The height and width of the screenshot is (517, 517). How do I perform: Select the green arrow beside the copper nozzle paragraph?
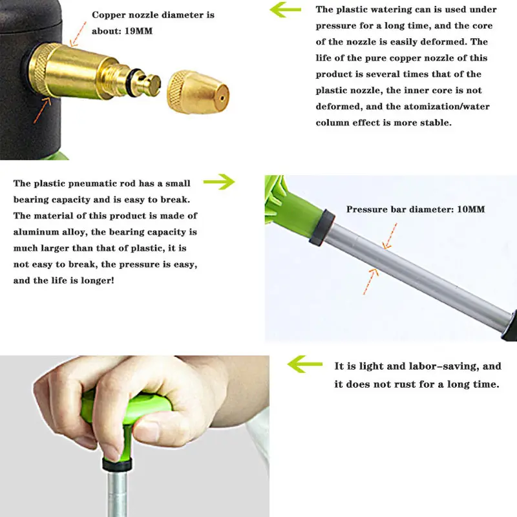[285, 10]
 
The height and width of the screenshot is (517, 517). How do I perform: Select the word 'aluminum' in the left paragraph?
[41, 232]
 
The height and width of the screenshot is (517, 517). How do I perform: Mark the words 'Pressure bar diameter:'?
[398, 209]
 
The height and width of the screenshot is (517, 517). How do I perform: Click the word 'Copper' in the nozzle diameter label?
[112, 14]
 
